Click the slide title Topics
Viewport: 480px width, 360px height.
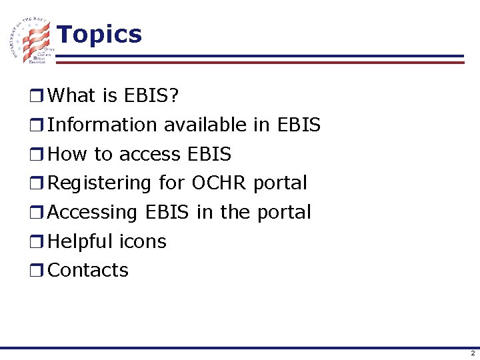pyautogui.click(x=99, y=34)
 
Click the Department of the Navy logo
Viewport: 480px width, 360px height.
pyautogui.click(x=32, y=40)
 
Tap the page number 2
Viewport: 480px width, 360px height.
pyautogui.click(x=472, y=353)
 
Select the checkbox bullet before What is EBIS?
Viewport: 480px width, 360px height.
pyautogui.click(x=39, y=97)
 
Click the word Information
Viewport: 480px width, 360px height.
pyautogui.click(x=103, y=125)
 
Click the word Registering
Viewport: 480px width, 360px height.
pyautogui.click(x=100, y=183)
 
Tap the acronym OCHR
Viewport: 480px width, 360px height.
pyautogui.click(x=219, y=183)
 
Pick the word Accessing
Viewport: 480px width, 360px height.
pyautogui.click(x=93, y=212)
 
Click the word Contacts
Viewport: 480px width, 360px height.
pyautogui.click(x=89, y=270)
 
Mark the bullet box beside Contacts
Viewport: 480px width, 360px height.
pyautogui.click(x=39, y=271)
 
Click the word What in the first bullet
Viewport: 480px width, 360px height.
pyautogui.click(x=72, y=96)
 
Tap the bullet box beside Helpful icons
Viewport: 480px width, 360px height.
pyautogui.click(x=39, y=241)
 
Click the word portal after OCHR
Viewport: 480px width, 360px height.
pyautogui.click(x=280, y=183)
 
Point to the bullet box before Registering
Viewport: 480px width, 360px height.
pyautogui.click(x=39, y=183)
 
